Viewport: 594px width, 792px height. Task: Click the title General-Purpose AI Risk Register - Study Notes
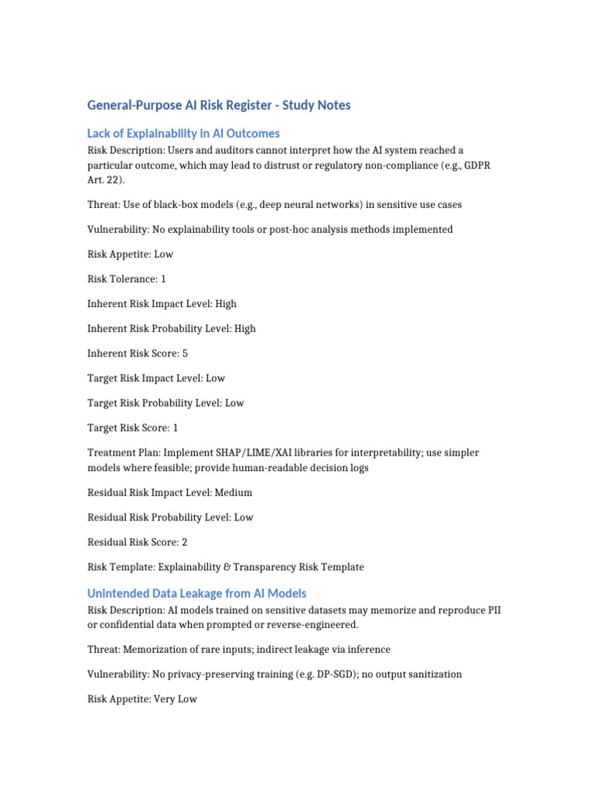click(x=219, y=105)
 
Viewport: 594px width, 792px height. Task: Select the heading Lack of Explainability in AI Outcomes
click(x=183, y=133)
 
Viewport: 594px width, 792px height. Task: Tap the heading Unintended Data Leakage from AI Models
click(x=196, y=593)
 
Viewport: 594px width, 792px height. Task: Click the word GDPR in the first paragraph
click(x=484, y=165)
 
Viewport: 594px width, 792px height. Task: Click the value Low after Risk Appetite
click(x=164, y=254)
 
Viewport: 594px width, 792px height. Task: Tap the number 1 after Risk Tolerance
click(x=163, y=279)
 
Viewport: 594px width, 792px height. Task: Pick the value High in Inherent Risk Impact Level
click(x=226, y=304)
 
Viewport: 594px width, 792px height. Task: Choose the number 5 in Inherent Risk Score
click(x=184, y=353)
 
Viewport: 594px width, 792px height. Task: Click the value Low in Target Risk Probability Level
click(x=234, y=403)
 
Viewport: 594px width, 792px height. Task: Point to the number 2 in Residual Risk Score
click(x=184, y=542)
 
